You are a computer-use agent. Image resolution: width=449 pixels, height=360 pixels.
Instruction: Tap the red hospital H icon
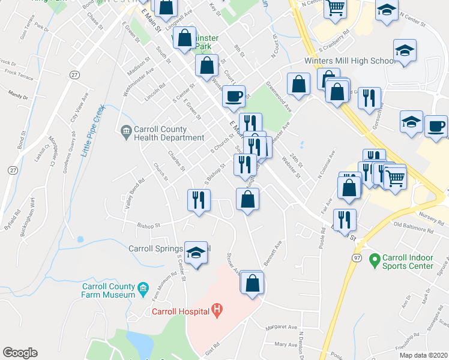click(x=218, y=310)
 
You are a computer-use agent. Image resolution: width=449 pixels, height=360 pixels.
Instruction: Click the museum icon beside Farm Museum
click(x=143, y=291)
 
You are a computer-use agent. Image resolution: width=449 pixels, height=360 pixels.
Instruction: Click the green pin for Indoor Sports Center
click(x=375, y=260)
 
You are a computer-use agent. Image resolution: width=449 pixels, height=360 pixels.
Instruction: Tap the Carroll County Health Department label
click(x=169, y=133)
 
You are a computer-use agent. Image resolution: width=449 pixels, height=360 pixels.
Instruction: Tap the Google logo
click(x=20, y=353)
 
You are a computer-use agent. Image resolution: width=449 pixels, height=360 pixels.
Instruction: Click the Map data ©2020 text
click(x=423, y=355)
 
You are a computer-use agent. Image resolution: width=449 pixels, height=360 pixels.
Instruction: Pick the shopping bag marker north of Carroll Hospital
click(x=253, y=281)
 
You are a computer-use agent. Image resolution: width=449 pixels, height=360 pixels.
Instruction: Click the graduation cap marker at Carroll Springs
click(x=196, y=254)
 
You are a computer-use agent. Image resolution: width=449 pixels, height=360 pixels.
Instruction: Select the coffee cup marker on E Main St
click(x=234, y=96)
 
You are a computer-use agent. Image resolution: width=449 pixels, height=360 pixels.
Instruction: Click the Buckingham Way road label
click(x=26, y=205)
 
